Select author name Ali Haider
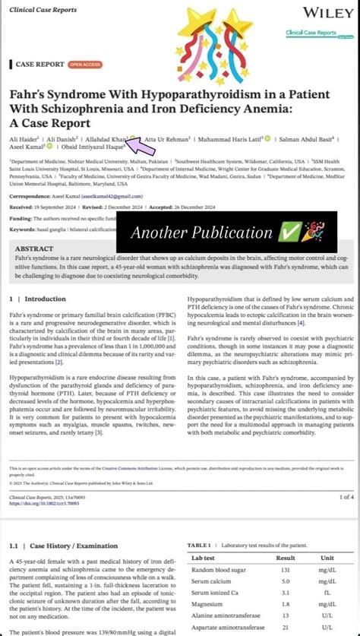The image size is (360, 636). (x=25, y=140)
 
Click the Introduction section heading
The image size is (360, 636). (x=46, y=299)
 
